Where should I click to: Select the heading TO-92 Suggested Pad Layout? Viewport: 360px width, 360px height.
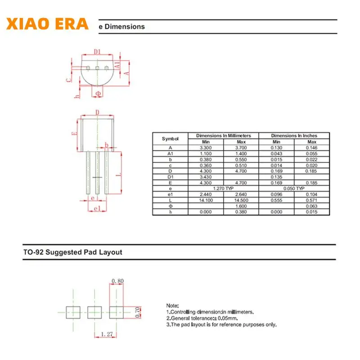click(72, 252)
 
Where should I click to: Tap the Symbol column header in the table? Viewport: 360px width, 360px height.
click(170, 139)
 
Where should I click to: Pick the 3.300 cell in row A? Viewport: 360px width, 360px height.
click(205, 148)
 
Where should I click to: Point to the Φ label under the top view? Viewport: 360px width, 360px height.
click(98, 94)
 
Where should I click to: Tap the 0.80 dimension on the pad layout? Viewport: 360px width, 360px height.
click(117, 281)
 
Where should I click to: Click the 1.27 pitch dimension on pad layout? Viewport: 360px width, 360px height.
click(106, 334)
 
